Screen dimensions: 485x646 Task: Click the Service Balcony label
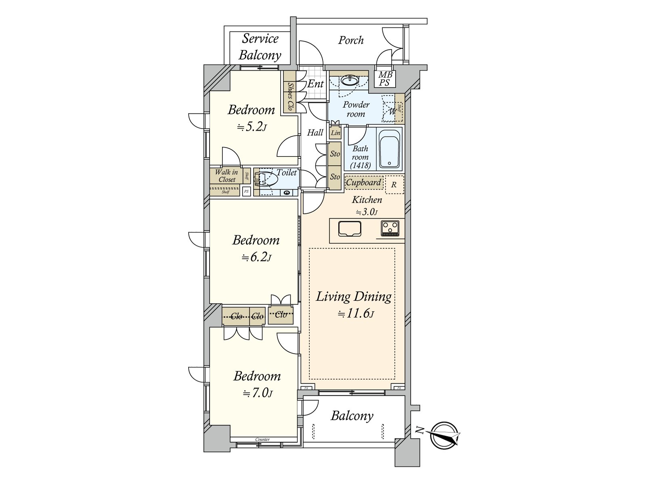pos(260,47)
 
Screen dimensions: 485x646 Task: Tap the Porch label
pos(351,40)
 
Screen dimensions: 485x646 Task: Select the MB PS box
pos(385,79)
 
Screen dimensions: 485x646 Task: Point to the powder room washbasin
pos(349,80)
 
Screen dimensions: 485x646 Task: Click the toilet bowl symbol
pos(266,179)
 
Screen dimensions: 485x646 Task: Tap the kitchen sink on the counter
pos(350,229)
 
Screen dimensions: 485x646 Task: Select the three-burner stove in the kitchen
pos(390,228)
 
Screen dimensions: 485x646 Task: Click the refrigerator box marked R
pos(394,185)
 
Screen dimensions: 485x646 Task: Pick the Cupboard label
pos(363,182)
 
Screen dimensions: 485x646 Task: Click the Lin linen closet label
pos(336,133)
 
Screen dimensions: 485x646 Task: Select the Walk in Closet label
pos(227,176)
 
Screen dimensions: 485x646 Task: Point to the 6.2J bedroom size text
pos(256,257)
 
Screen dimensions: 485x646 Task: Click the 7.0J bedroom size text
pos(258,393)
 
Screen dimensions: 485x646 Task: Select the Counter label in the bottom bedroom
pos(262,439)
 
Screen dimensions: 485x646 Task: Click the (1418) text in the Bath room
pos(361,165)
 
